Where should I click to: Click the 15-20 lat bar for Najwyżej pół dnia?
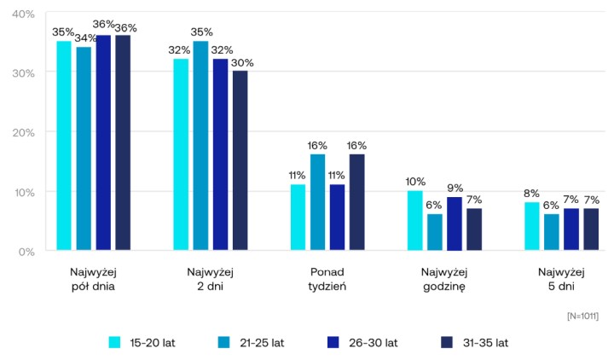click(x=64, y=146)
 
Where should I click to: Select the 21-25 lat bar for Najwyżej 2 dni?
click(x=200, y=146)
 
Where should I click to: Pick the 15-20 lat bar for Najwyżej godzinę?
click(x=414, y=221)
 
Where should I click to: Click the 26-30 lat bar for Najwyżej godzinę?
click(x=454, y=224)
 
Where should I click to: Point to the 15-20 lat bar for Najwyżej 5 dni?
click(x=531, y=227)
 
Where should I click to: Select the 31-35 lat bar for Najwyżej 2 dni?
click(x=240, y=161)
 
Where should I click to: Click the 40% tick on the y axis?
click(x=23, y=15)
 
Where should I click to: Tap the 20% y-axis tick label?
click(x=23, y=133)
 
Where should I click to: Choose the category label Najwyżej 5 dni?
click(x=560, y=279)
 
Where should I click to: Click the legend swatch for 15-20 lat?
click(x=114, y=343)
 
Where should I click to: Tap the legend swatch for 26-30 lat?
click(x=333, y=343)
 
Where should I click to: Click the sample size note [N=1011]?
click(x=582, y=316)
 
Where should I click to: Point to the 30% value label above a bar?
click(x=243, y=62)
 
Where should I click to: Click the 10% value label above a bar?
click(x=414, y=182)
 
